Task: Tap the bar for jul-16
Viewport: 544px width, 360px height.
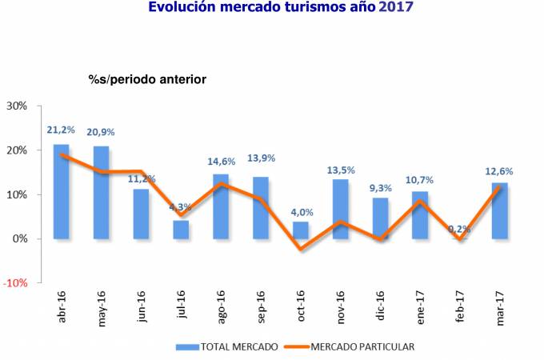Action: [181, 230]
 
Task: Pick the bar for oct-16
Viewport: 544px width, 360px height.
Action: [300, 230]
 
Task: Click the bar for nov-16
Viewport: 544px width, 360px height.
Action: [340, 209]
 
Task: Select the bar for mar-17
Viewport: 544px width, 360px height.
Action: [499, 211]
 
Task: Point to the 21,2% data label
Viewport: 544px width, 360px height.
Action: [61, 130]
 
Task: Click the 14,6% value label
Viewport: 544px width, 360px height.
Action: [221, 160]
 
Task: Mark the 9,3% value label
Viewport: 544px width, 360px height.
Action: [380, 189]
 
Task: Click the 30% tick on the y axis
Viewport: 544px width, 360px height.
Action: [17, 106]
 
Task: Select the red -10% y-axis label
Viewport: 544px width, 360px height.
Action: [16, 283]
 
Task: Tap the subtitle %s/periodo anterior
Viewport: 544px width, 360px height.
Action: [147, 79]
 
